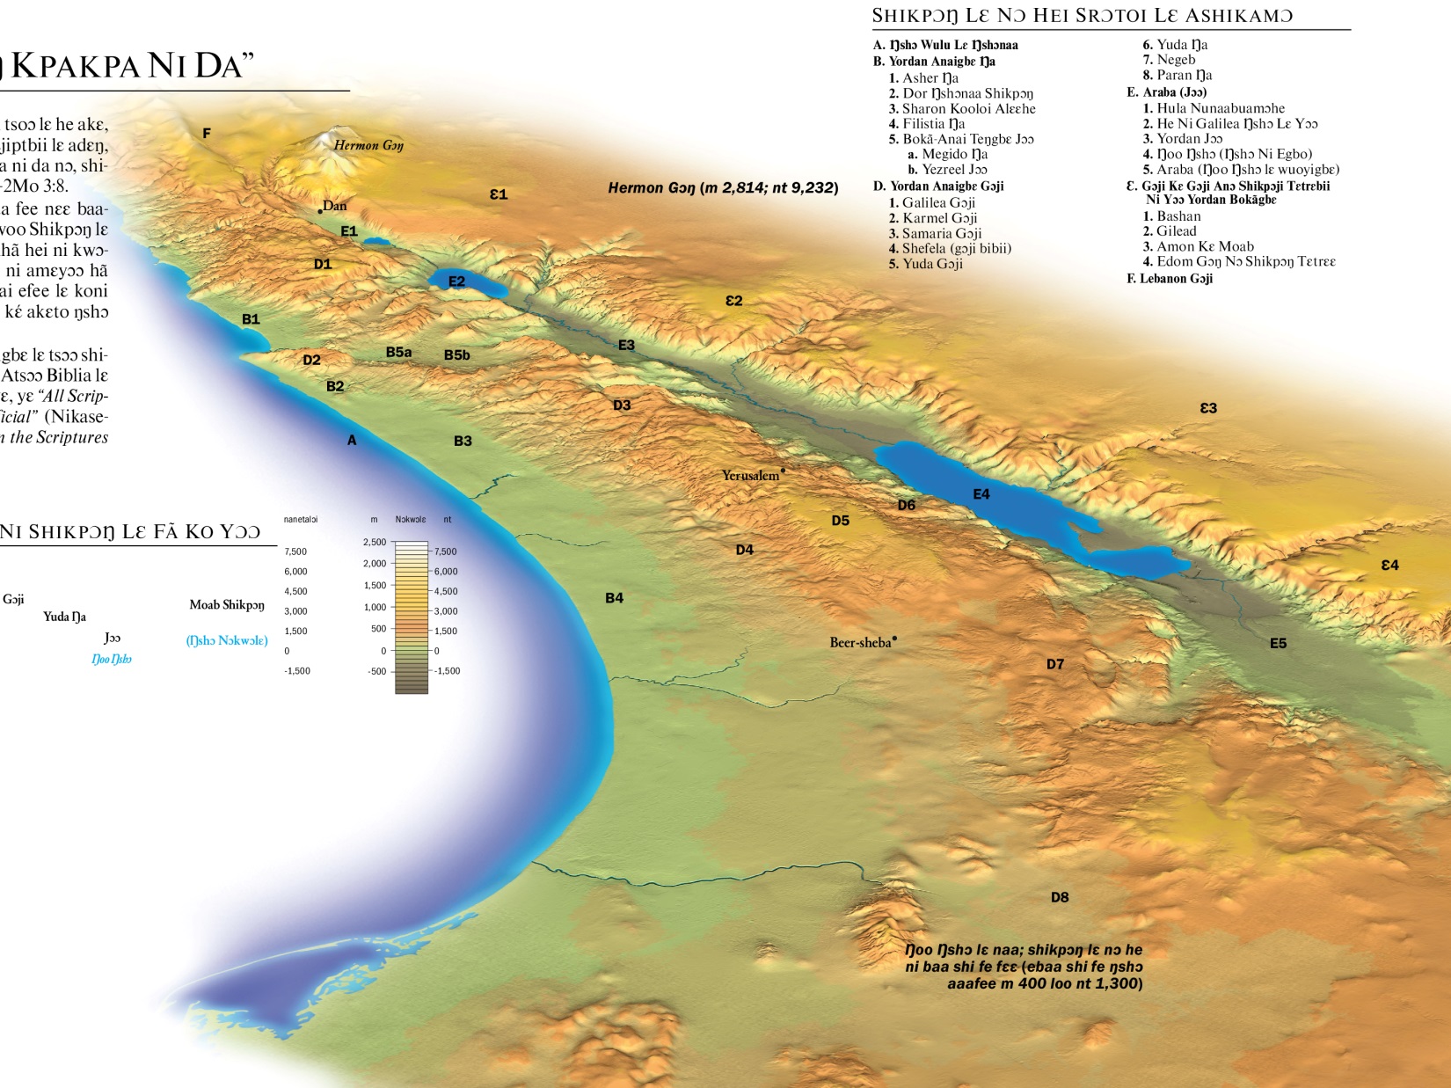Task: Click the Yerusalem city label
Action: pyautogui.click(x=750, y=476)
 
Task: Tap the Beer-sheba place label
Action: pyautogui.click(x=860, y=643)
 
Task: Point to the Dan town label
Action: pyautogui.click(x=335, y=206)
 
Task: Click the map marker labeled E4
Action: pyautogui.click(x=981, y=494)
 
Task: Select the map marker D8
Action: pyautogui.click(x=1060, y=897)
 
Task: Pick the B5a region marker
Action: pyautogui.click(x=398, y=352)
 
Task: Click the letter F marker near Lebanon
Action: pyautogui.click(x=207, y=134)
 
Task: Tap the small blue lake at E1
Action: pyautogui.click(x=376, y=240)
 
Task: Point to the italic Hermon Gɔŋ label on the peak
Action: pyautogui.click(x=368, y=145)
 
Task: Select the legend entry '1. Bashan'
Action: pyautogui.click(x=1171, y=216)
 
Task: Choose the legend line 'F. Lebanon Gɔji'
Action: pyautogui.click(x=1170, y=279)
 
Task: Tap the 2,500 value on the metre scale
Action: pyautogui.click(x=375, y=542)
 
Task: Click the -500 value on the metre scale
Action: pyautogui.click(x=377, y=671)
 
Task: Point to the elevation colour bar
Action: pyautogui.click(x=411, y=617)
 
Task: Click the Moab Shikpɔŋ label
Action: pyautogui.click(x=227, y=605)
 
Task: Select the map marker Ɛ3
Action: pyautogui.click(x=1208, y=408)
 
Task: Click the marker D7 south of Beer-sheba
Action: pyautogui.click(x=1055, y=664)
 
